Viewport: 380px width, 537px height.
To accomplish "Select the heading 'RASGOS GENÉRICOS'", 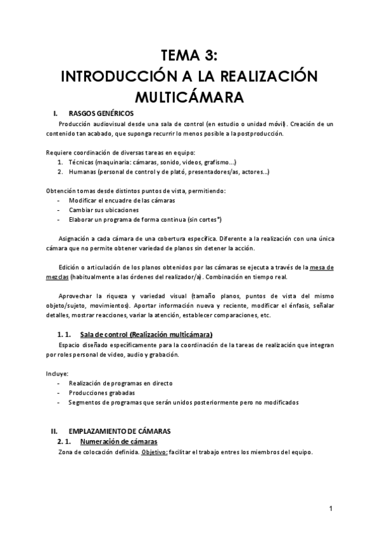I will tap(101, 113).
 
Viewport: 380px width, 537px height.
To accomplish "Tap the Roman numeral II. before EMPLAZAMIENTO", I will tap(54, 431).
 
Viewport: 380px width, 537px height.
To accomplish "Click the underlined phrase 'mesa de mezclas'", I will tap(191, 272).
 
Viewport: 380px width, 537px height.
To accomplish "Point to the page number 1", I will tap(331, 508).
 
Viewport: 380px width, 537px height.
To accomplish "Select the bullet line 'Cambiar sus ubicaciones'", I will tap(104, 210).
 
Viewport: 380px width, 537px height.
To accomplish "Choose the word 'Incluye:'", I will tap(57, 373).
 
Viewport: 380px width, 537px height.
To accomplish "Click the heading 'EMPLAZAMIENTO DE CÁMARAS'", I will tap(119, 431).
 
